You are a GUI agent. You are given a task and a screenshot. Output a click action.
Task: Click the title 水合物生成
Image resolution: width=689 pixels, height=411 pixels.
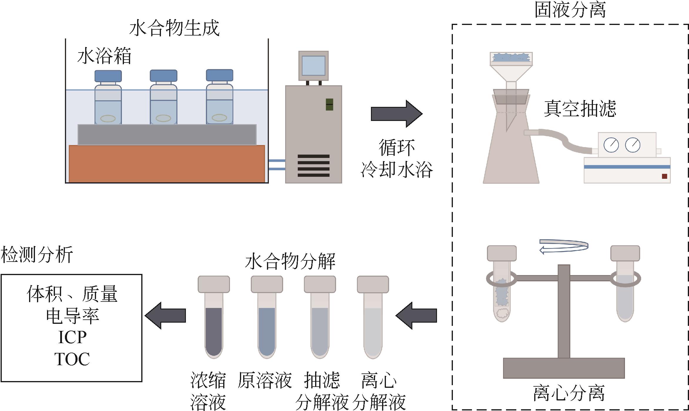174,28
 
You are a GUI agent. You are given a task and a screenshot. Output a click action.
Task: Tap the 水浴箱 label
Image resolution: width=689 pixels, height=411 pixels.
104,56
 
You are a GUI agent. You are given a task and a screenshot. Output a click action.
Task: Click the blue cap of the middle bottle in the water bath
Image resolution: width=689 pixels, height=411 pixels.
163,76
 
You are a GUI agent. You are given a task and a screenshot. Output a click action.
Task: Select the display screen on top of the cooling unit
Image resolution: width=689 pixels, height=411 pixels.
313,66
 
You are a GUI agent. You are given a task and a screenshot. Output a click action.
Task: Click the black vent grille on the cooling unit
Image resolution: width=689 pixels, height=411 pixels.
313,166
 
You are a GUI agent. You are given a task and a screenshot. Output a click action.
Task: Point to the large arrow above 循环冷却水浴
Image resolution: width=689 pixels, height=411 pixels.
396,114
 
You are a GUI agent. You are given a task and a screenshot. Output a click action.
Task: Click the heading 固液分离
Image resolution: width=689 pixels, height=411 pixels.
570,10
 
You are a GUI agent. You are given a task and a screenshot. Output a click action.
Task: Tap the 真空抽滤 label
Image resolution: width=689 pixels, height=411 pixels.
580,109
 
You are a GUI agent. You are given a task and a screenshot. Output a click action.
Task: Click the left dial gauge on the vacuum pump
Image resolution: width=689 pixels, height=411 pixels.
611,145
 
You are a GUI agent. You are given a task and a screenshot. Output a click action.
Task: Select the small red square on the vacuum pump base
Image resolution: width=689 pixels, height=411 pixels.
665,176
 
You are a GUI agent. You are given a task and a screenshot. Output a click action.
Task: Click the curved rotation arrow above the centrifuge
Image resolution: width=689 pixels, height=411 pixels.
564,246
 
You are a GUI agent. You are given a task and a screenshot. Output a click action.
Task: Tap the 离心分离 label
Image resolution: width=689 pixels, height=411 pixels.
569,393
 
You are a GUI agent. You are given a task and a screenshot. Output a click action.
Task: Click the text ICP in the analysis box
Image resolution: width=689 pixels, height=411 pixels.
72,337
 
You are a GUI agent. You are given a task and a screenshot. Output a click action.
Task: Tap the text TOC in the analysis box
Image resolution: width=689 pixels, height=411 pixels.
72,359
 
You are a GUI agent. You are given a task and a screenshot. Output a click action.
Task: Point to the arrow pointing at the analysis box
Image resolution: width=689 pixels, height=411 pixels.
165,316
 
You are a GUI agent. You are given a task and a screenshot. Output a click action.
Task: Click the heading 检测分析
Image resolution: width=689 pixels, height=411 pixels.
37,255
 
